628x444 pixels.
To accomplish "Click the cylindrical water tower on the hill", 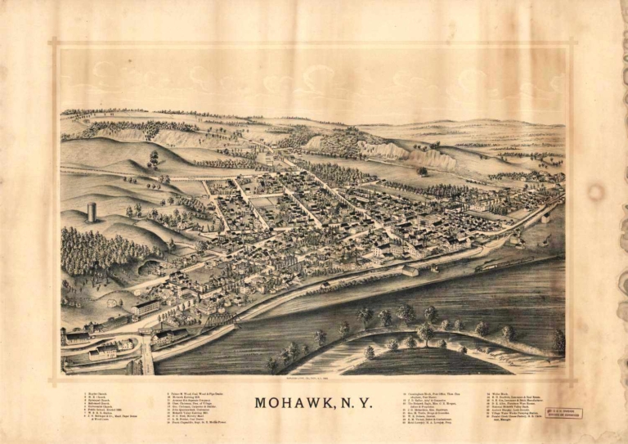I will pyautogui.click(x=92, y=213).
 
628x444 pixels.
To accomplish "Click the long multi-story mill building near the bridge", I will pyautogui.click(x=146, y=308).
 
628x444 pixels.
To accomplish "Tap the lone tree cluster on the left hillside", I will pyautogui.click(x=153, y=158).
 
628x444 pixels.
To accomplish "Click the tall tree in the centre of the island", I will pyautogui.click(x=424, y=332).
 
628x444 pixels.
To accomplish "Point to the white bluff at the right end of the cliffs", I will pyautogui.click(x=442, y=160).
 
